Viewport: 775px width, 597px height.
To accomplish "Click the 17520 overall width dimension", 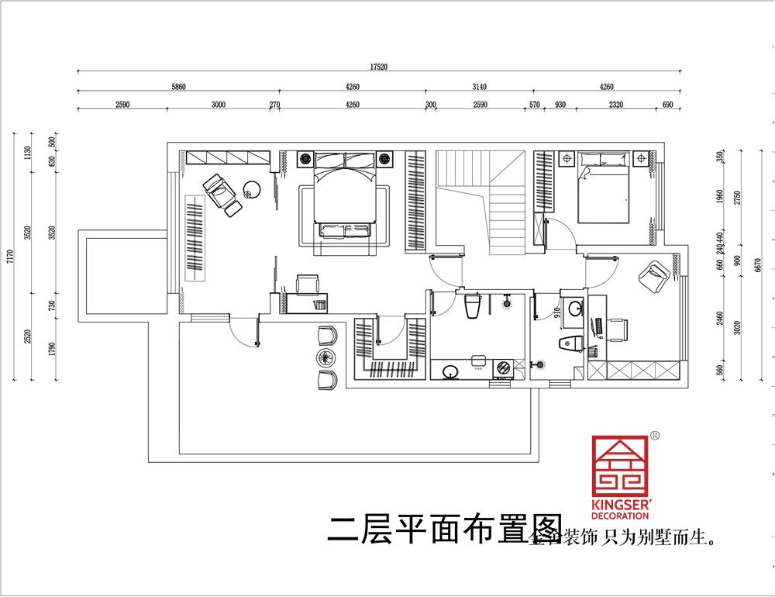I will pos(379,67).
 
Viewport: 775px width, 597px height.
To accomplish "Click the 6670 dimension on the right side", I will pos(757,264).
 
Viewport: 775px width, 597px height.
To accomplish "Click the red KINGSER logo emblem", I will pos(622,466).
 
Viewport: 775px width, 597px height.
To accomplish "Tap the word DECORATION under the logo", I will pos(622,515).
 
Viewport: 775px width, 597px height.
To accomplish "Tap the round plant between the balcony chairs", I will pos(325,357).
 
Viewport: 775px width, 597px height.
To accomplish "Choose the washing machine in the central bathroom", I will pos(502,368).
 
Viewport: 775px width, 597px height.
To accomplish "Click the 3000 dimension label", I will pos(218,105).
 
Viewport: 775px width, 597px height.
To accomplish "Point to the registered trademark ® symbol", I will pos(655,436).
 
